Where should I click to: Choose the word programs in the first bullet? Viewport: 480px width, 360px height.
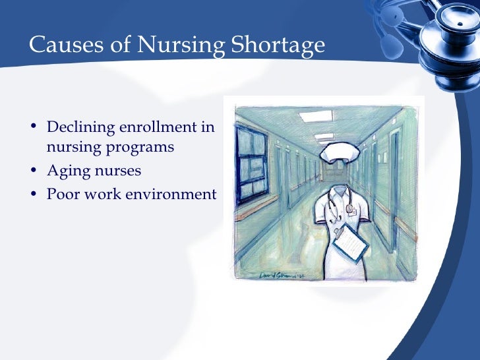click(140, 147)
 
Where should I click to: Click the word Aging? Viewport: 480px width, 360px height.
click(66, 171)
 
